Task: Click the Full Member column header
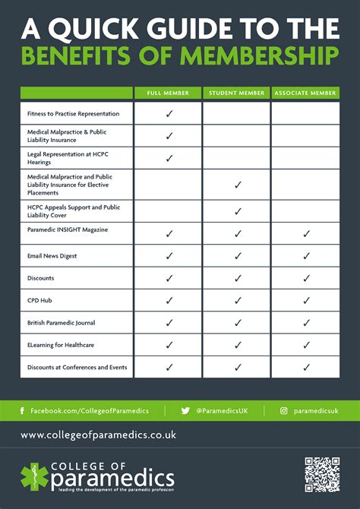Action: click(169, 93)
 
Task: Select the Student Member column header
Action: click(237, 93)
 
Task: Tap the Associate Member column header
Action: click(305, 93)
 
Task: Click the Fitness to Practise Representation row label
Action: click(73, 114)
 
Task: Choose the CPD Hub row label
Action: click(40, 301)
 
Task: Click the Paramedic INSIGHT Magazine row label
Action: click(68, 229)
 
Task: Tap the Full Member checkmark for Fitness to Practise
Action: click(169, 113)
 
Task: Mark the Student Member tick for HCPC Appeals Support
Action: click(238, 211)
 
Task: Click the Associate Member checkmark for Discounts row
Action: click(307, 279)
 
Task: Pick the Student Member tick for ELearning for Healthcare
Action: click(238, 345)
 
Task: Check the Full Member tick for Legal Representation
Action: click(169, 158)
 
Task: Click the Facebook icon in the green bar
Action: click(23, 411)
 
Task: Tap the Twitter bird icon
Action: click(185, 411)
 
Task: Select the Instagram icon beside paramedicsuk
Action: click(284, 411)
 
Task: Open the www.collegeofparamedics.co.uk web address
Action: click(98, 435)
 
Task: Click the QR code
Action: click(321, 474)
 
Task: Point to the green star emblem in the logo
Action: click(33, 476)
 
